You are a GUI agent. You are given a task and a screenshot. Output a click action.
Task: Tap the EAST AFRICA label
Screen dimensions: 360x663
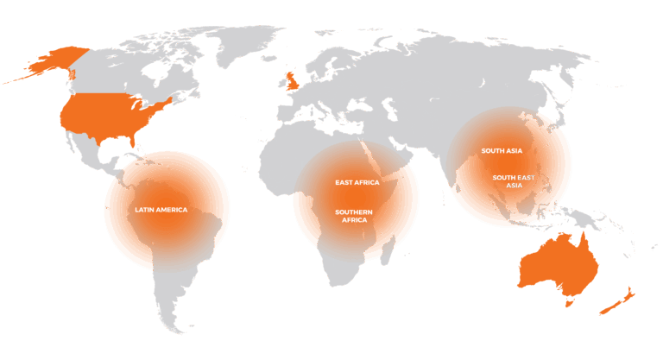click(x=357, y=183)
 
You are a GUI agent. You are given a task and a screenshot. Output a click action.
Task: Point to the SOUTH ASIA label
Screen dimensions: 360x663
click(x=502, y=151)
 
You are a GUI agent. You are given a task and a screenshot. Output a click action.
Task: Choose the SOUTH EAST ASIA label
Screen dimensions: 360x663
click(x=514, y=181)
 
